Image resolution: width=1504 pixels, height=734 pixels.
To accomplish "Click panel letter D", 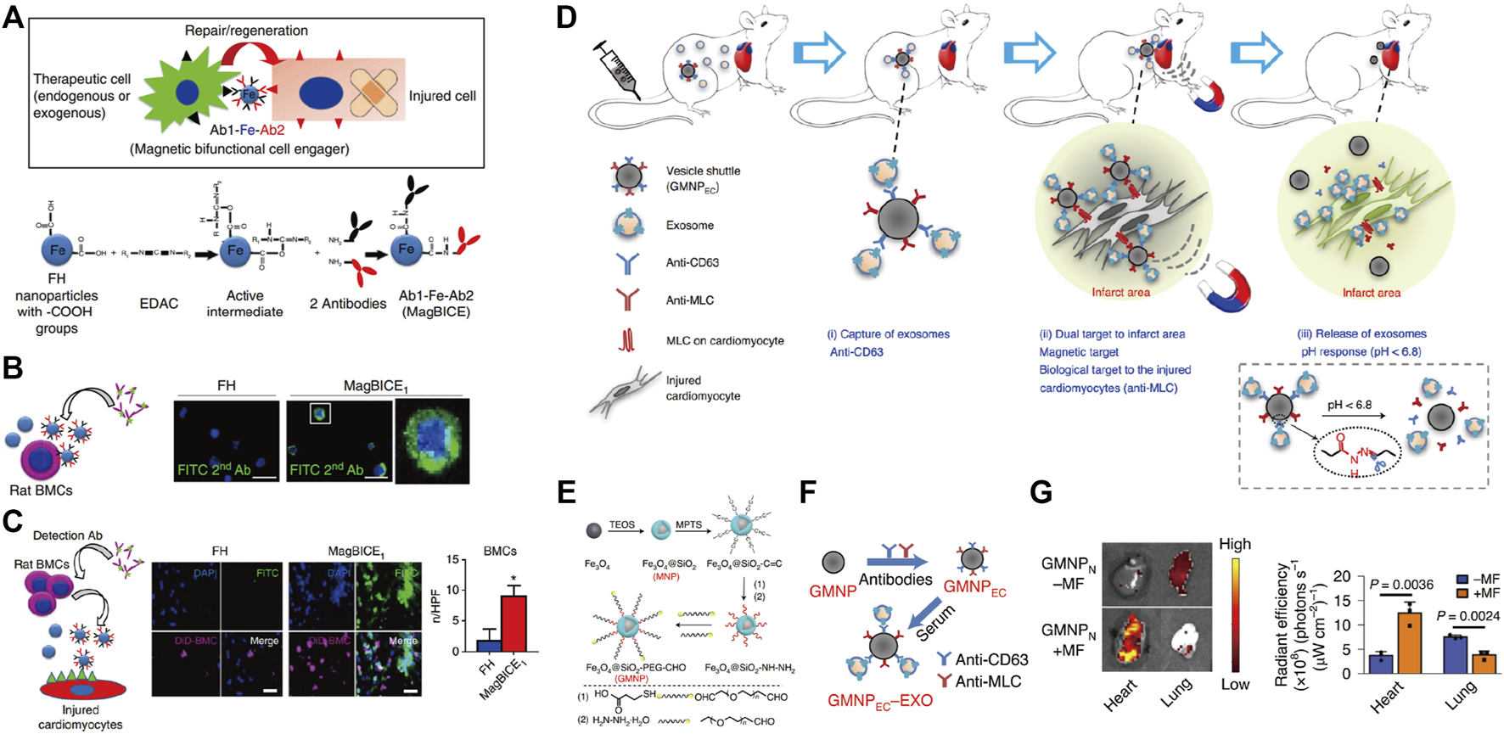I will point(567,17).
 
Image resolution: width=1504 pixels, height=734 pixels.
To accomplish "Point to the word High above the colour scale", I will point(1234,544).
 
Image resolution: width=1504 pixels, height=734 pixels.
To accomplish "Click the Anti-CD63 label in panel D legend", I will point(692,263).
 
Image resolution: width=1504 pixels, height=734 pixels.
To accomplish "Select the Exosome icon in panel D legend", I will point(628,225).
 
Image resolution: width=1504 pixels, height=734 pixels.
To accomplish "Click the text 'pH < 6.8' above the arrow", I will point(1349,405).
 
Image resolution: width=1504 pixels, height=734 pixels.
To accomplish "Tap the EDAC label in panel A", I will point(159,303).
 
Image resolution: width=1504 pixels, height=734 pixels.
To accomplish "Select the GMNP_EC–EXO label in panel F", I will point(880,701).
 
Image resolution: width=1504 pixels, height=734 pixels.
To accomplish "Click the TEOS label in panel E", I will point(621,525).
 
